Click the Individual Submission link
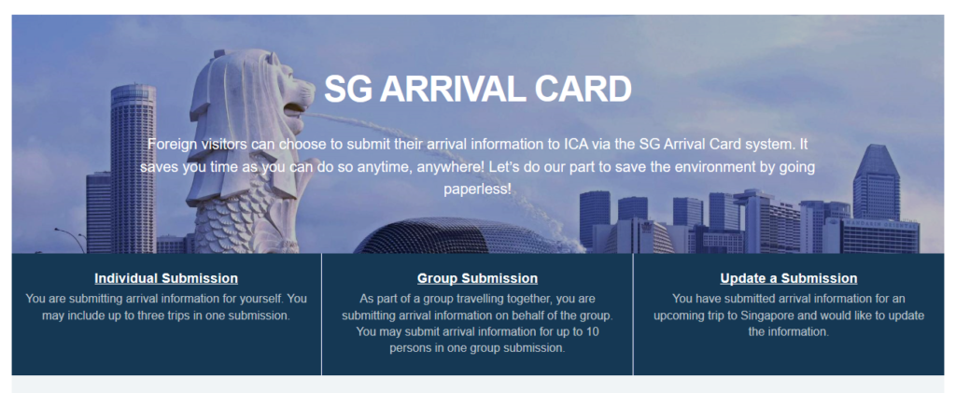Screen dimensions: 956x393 166,278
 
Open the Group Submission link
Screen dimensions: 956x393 477,278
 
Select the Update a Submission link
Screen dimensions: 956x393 788,278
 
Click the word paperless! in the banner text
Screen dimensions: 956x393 477,189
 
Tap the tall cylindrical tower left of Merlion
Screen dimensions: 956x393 133,168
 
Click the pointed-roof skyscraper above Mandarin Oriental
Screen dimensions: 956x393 877,182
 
